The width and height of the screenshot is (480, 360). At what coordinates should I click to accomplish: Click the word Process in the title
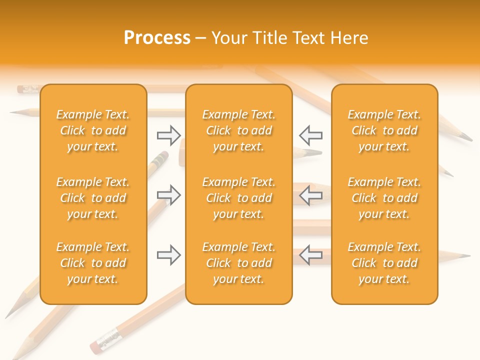[x=157, y=38]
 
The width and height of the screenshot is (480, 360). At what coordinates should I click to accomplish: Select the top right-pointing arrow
[x=168, y=134]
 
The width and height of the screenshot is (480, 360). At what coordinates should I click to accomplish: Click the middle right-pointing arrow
[x=168, y=195]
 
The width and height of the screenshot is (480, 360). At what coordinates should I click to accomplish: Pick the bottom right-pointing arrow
[x=168, y=255]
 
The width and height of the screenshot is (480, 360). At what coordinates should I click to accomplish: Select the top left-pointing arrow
[x=310, y=134]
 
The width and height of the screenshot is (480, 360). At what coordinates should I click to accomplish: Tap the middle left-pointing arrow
[x=310, y=195]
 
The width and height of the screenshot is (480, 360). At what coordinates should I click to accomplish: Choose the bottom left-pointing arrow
[x=310, y=255]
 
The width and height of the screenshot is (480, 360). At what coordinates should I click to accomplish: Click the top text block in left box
[x=93, y=130]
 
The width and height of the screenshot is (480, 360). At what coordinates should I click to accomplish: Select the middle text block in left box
[x=93, y=198]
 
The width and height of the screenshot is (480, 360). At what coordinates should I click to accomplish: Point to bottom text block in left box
[x=93, y=263]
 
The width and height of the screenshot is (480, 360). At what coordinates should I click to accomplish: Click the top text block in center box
[x=239, y=130]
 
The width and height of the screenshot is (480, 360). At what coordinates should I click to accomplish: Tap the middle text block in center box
[x=239, y=198]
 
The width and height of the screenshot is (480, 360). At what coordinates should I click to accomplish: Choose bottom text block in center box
[x=239, y=263]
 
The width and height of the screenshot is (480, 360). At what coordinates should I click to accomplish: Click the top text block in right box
[x=384, y=130]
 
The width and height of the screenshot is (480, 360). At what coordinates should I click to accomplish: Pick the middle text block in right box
[x=384, y=198]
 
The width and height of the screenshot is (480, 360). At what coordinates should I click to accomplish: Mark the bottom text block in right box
[x=384, y=263]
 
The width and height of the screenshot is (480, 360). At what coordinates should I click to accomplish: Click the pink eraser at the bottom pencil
[x=95, y=347]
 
